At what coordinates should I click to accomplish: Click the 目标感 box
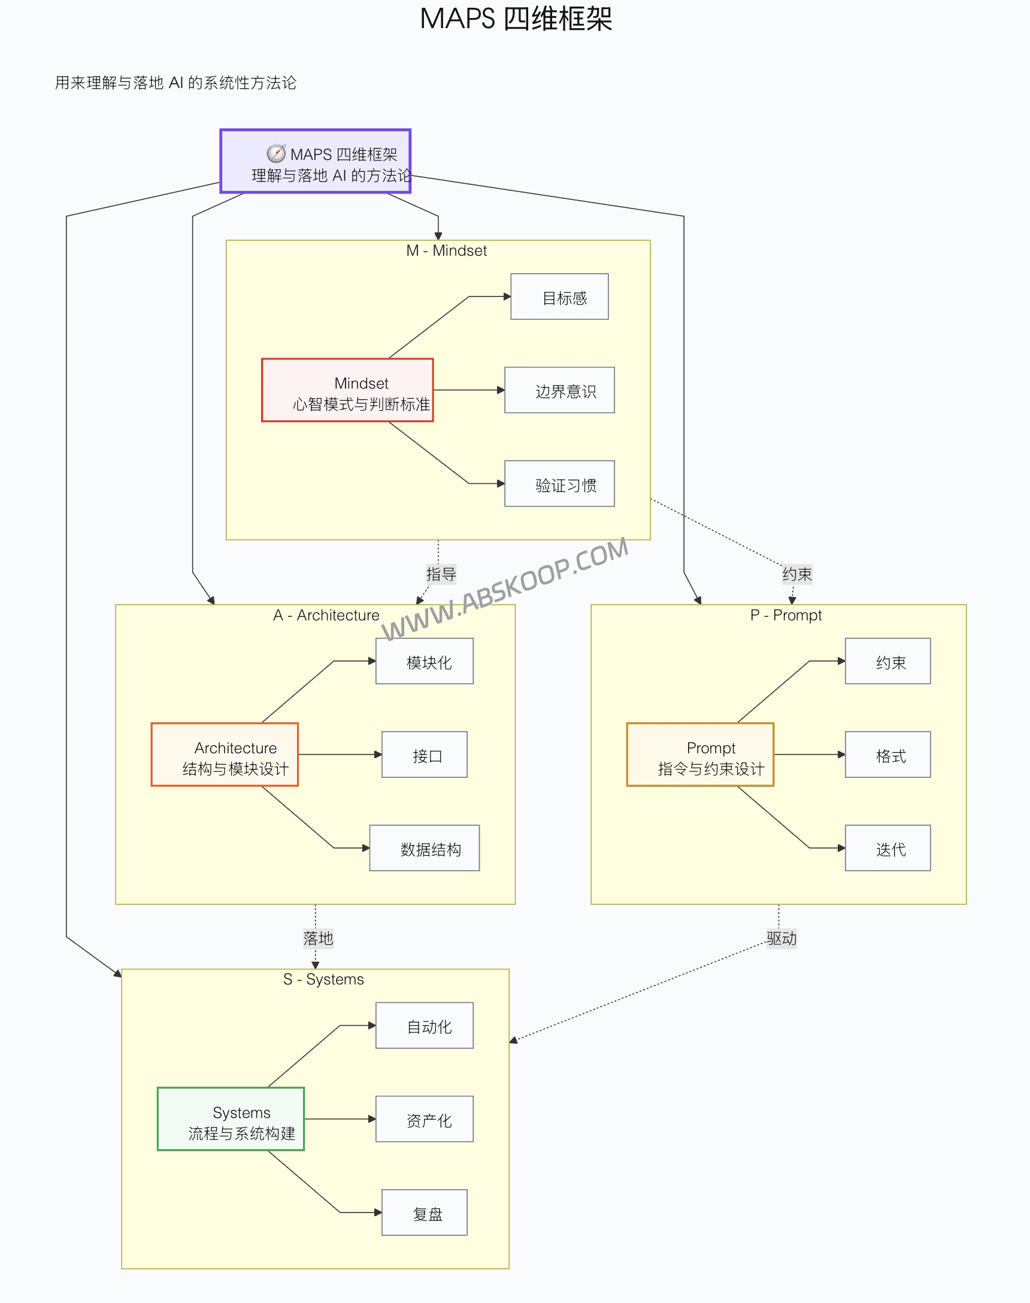[x=559, y=296]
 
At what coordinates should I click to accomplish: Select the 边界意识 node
[x=559, y=390]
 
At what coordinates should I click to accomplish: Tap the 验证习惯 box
[x=559, y=484]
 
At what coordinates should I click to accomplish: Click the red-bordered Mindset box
[x=347, y=390]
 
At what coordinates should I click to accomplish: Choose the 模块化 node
[x=424, y=661]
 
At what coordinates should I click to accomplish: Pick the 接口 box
[x=424, y=754]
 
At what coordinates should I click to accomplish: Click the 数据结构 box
[x=424, y=848]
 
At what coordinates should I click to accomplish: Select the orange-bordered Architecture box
[x=225, y=754]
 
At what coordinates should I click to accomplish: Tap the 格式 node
[x=887, y=754]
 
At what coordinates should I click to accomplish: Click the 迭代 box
[x=887, y=848]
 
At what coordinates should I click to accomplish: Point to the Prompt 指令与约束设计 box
[x=699, y=754]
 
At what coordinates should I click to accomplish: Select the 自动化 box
[x=424, y=1025]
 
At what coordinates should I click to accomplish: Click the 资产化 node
[x=424, y=1119]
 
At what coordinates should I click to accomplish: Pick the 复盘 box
[x=424, y=1212]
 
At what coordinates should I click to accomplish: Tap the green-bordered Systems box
[x=231, y=1119]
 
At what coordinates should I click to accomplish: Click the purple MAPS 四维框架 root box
[x=316, y=161]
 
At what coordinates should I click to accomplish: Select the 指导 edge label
[x=441, y=574]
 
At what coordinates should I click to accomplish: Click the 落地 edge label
[x=318, y=938]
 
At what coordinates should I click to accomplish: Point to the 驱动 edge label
[x=781, y=938]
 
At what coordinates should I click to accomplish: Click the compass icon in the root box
[x=276, y=154]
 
